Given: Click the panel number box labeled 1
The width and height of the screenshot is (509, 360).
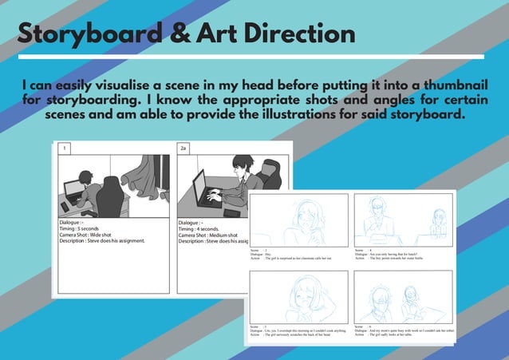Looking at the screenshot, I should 63,148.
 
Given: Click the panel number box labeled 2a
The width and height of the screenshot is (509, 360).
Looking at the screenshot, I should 183,148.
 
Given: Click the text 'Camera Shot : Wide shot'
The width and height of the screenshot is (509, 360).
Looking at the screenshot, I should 91,235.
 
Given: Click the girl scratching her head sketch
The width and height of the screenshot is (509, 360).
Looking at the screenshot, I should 304,296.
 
